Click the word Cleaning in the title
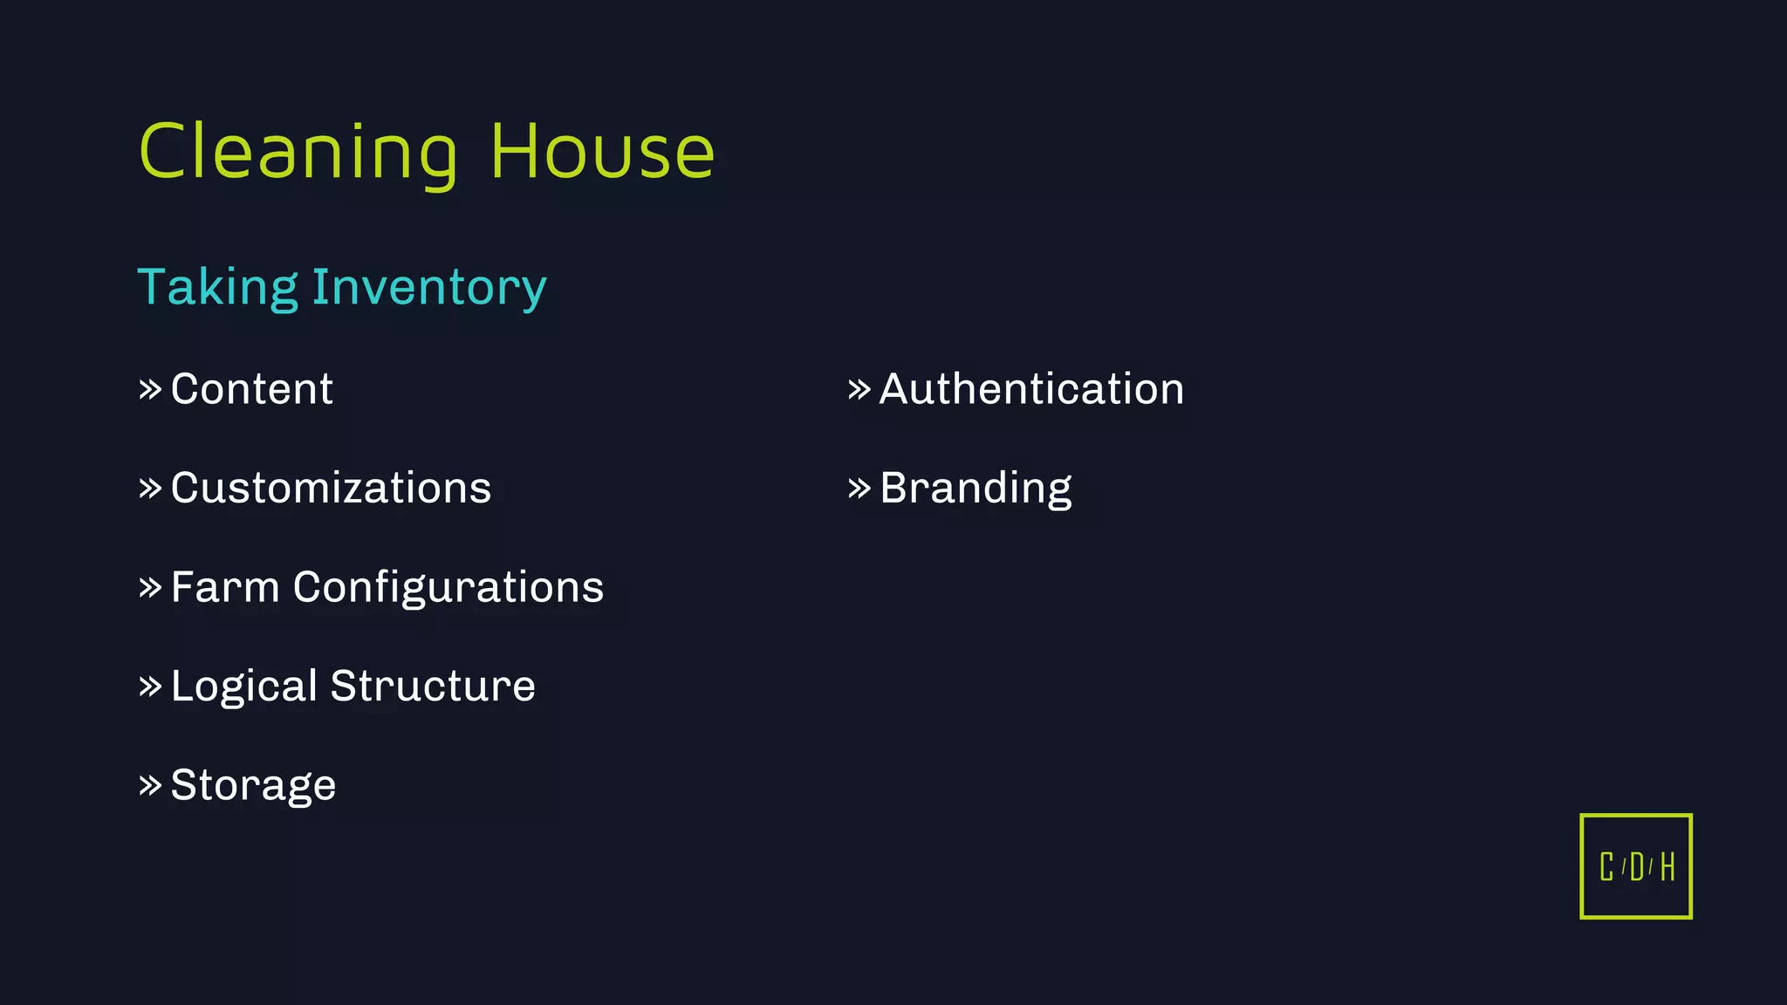coord(298,154)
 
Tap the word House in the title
coord(602,153)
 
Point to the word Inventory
coord(429,289)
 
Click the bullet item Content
coord(251,389)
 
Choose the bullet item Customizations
coord(331,488)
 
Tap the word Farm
coord(224,587)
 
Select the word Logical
coord(243,687)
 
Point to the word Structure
coord(433,686)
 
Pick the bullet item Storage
coord(253,785)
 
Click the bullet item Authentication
coord(1031,389)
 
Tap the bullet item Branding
coord(976,489)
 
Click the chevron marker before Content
coord(150,389)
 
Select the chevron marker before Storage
coord(150,785)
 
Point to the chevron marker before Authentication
coord(859,389)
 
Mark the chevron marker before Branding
coord(859,488)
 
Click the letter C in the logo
coord(1606,867)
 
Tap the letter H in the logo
coord(1667,867)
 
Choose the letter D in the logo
coord(1637,867)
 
